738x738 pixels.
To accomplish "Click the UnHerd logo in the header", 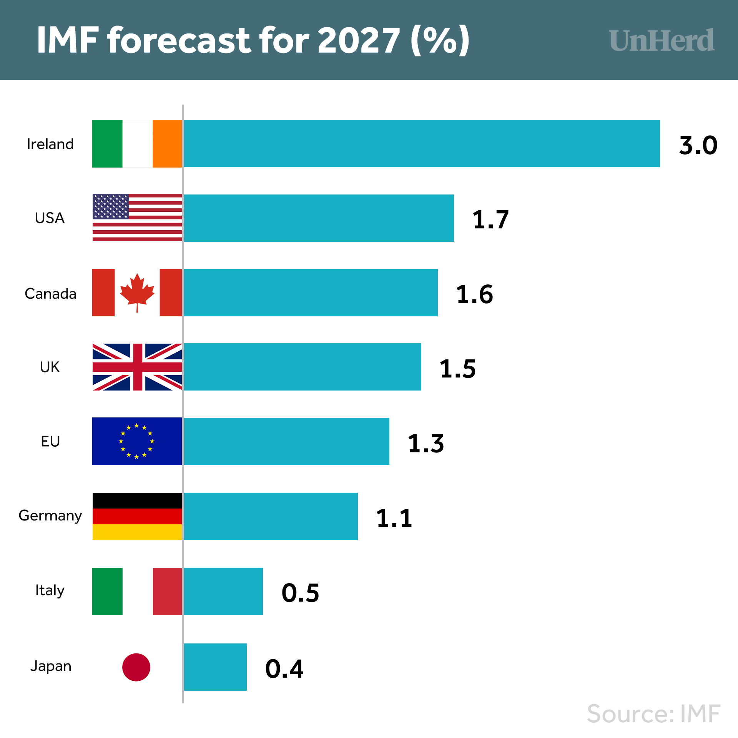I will (x=662, y=40).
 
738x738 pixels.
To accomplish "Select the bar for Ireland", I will (x=422, y=143).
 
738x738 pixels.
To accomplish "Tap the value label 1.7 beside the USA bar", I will (x=490, y=219).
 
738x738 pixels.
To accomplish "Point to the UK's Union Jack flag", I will (x=137, y=367).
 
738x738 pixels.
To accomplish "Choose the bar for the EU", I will (x=286, y=441).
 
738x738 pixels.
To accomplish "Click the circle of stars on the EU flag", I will (x=136, y=441).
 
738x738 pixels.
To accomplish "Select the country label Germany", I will (x=50, y=515).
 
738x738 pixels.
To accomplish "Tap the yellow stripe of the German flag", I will (x=137, y=532).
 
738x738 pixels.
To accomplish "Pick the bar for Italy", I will (x=223, y=591).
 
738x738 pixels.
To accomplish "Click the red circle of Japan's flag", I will (x=136, y=667).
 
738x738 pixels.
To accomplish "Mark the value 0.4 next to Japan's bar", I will (x=284, y=668).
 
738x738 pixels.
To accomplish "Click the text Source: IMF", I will (x=653, y=714).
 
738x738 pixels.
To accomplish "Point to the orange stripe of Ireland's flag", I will (x=167, y=143).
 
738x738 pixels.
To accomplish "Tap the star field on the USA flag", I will (x=111, y=206).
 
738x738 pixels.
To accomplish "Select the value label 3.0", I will (x=698, y=145).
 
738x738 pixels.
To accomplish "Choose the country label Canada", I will (x=50, y=294).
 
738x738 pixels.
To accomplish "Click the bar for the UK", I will (x=303, y=367).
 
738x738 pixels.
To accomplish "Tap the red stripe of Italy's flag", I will (x=167, y=591).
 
